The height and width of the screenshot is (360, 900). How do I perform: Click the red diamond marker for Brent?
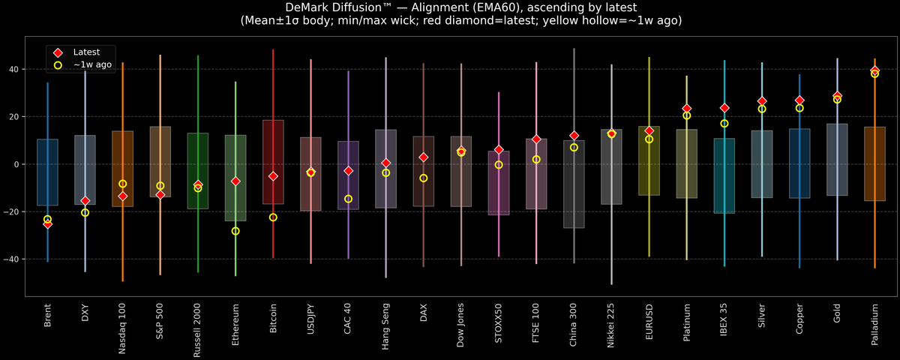pos(47,223)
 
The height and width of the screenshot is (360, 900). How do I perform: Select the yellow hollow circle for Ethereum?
pos(235,231)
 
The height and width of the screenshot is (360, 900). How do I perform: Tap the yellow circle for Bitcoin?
pos(273,217)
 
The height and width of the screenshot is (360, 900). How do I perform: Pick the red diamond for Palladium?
pos(874,70)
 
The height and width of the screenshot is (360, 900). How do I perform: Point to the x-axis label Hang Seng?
pos(386,324)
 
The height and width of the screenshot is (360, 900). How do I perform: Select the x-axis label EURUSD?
pos(649,322)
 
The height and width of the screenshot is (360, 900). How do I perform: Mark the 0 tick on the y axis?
pos(18,164)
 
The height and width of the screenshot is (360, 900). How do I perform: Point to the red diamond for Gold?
pos(837,96)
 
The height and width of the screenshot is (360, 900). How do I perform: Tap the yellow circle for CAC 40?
pos(348,199)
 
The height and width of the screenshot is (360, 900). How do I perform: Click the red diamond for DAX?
pos(424,157)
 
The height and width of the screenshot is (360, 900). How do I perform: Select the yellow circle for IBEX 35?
pos(724,124)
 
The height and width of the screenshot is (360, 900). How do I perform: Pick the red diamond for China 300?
pos(574,136)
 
